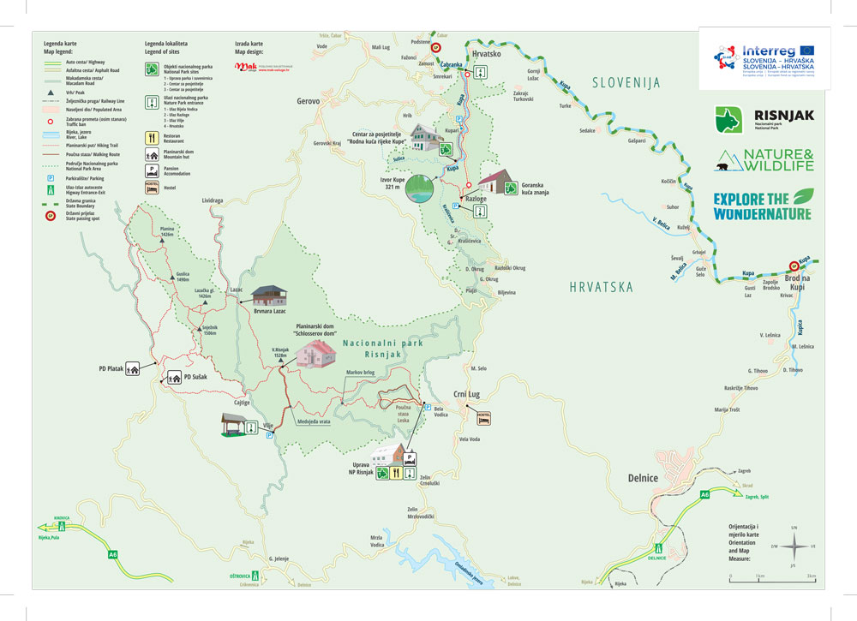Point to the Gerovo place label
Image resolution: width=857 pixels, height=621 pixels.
309,100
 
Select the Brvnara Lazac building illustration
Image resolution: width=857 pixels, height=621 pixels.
268,296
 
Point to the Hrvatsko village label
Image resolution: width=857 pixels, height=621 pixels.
486,52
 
